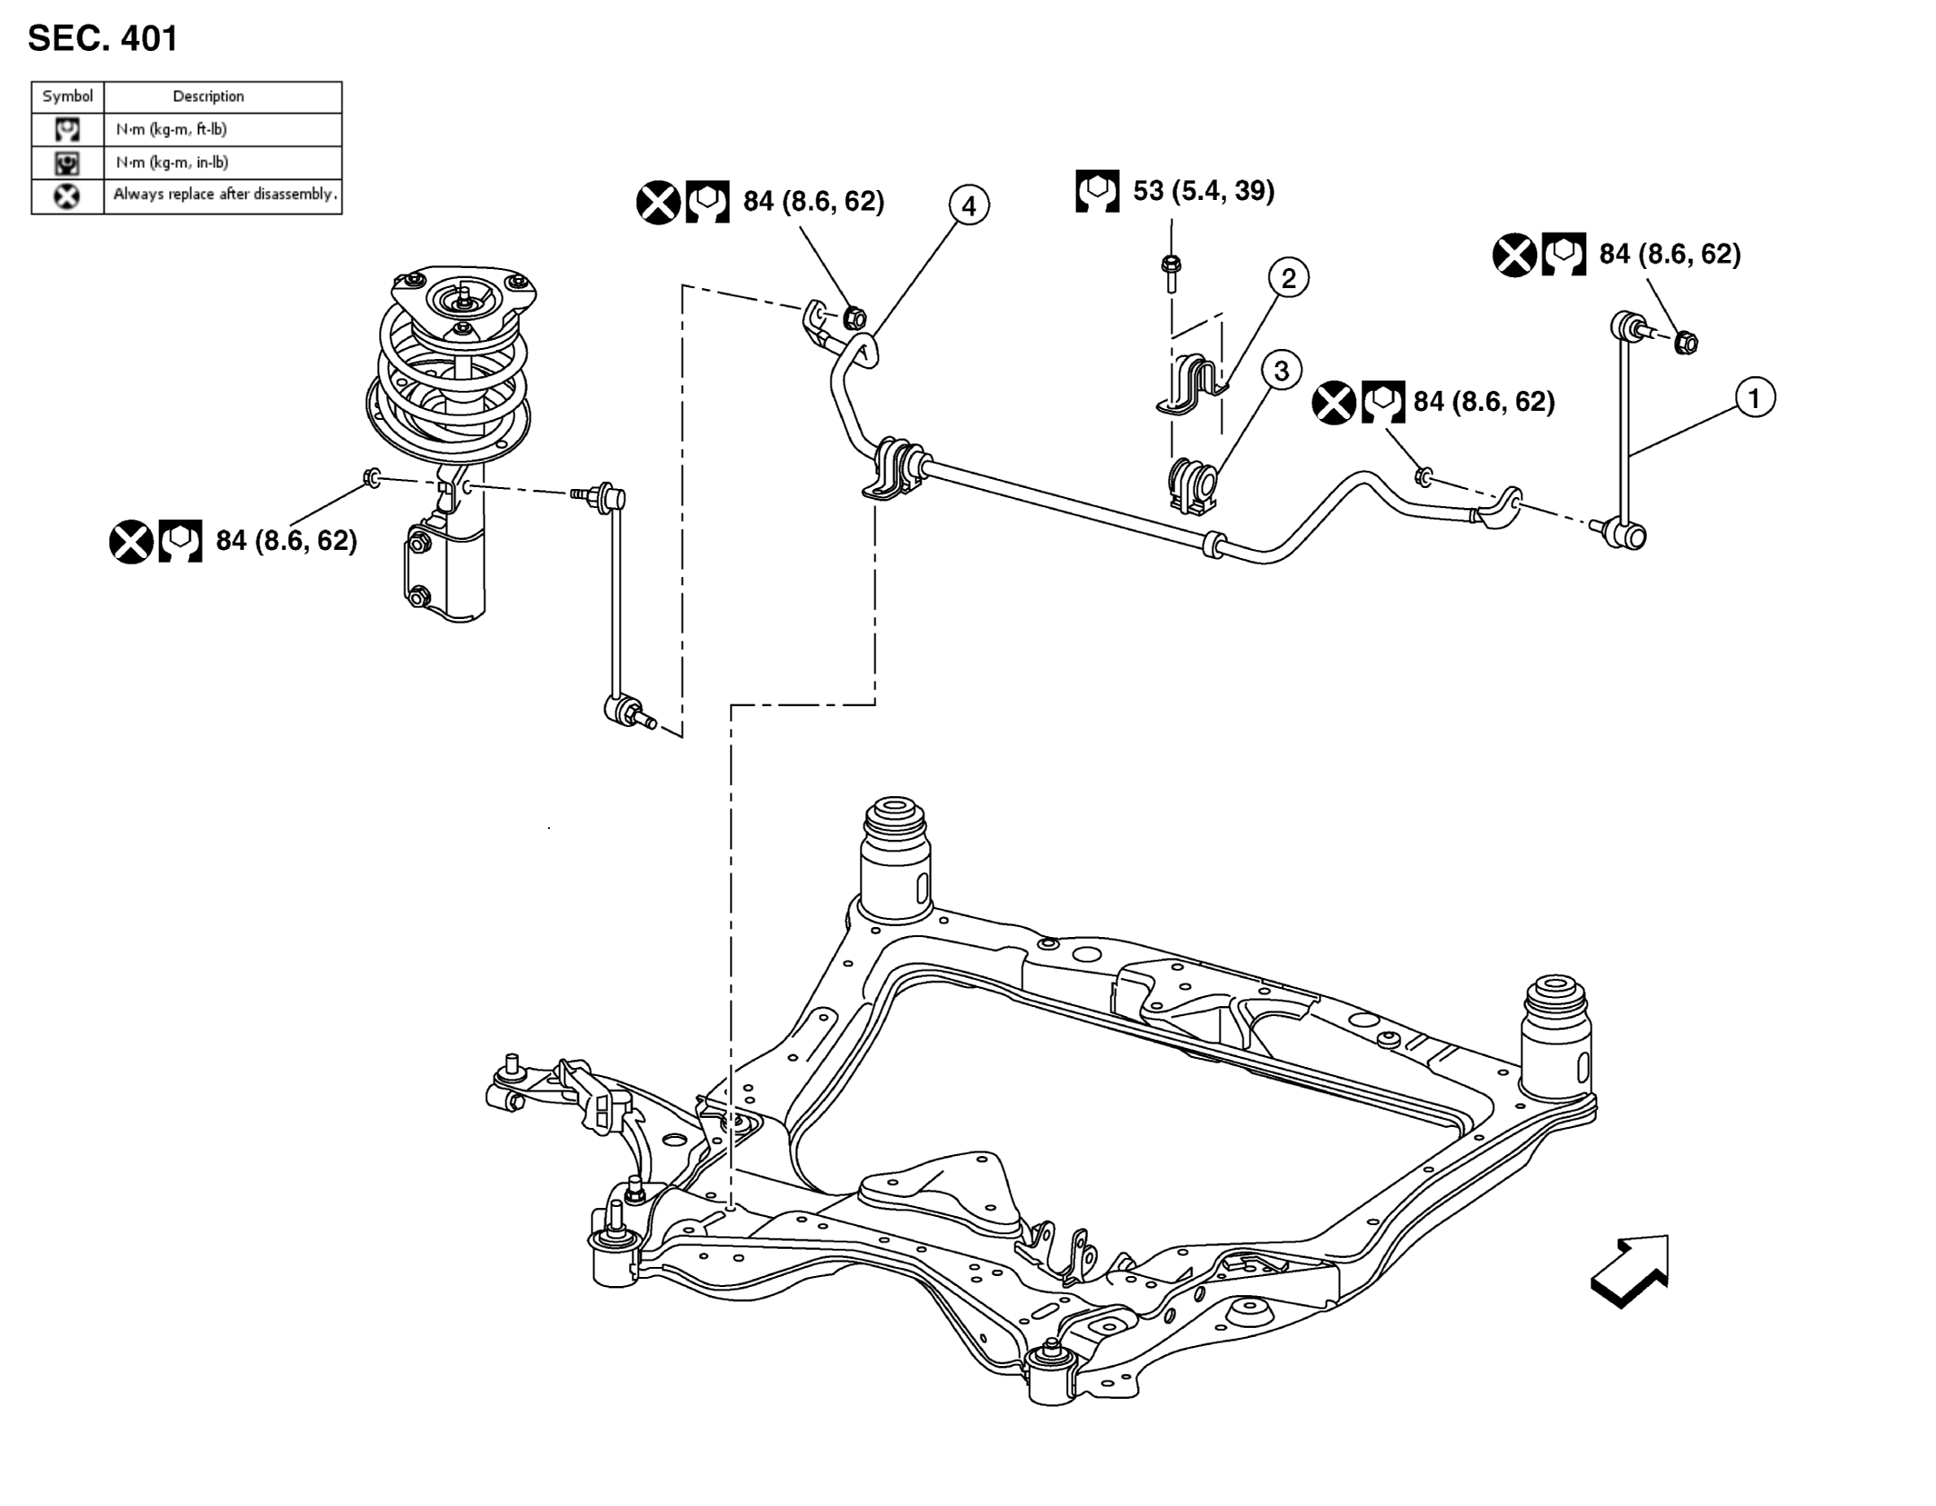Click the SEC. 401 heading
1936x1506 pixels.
[103, 38]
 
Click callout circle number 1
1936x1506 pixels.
[1754, 398]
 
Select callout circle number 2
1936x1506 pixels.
[1288, 277]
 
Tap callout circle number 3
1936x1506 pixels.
[1281, 371]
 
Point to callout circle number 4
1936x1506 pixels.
[969, 206]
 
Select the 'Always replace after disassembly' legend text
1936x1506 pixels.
[225, 194]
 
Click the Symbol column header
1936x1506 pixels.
[67, 96]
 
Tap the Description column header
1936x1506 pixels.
[208, 96]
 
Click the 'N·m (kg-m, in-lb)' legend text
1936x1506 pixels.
[172, 163]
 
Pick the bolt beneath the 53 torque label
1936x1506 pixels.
[1171, 274]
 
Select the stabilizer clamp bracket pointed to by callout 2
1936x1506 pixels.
[1191, 386]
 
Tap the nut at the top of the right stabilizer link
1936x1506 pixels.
[1686, 343]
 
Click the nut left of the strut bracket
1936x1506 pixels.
[372, 476]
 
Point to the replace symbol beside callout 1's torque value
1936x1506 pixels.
[1514, 254]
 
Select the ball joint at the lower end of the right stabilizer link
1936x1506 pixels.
[1625, 534]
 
